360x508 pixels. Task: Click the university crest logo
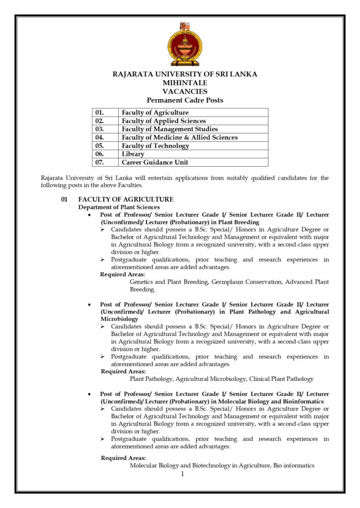click(x=185, y=44)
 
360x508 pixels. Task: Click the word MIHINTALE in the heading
click(x=185, y=83)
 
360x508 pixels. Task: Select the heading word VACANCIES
click(x=185, y=91)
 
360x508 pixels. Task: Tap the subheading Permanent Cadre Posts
click(x=185, y=100)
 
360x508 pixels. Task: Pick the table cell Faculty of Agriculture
click(x=155, y=113)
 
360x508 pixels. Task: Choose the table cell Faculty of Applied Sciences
click(x=163, y=121)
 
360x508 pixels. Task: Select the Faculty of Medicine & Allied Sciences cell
click(x=179, y=137)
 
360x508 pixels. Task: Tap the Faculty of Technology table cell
click(x=155, y=146)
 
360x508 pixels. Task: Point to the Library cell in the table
click(x=133, y=154)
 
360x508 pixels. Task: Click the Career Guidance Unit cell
click(x=155, y=162)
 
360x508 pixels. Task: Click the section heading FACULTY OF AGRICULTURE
click(x=126, y=199)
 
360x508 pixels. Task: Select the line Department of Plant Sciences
click(x=119, y=207)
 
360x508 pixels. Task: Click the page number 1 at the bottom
click(x=182, y=474)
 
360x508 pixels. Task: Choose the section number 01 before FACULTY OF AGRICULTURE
click(x=64, y=199)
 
